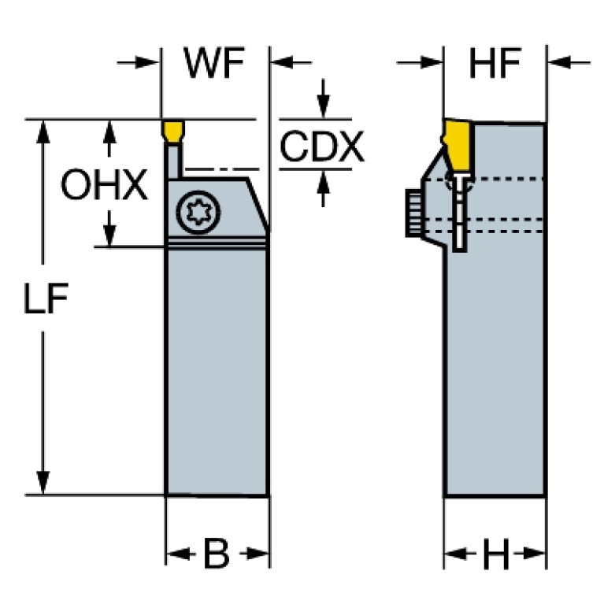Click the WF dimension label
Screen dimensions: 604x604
pyautogui.click(x=215, y=65)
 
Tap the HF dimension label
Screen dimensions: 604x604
pyautogui.click(x=495, y=65)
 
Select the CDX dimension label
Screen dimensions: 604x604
pyautogui.click(x=322, y=146)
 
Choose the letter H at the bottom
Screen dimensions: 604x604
pyautogui.click(x=495, y=557)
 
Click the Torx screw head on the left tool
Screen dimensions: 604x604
pyautogui.click(x=195, y=212)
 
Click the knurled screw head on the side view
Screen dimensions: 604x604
pyautogui.click(x=412, y=213)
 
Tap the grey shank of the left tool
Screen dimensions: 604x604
pyautogui.click(x=217, y=370)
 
